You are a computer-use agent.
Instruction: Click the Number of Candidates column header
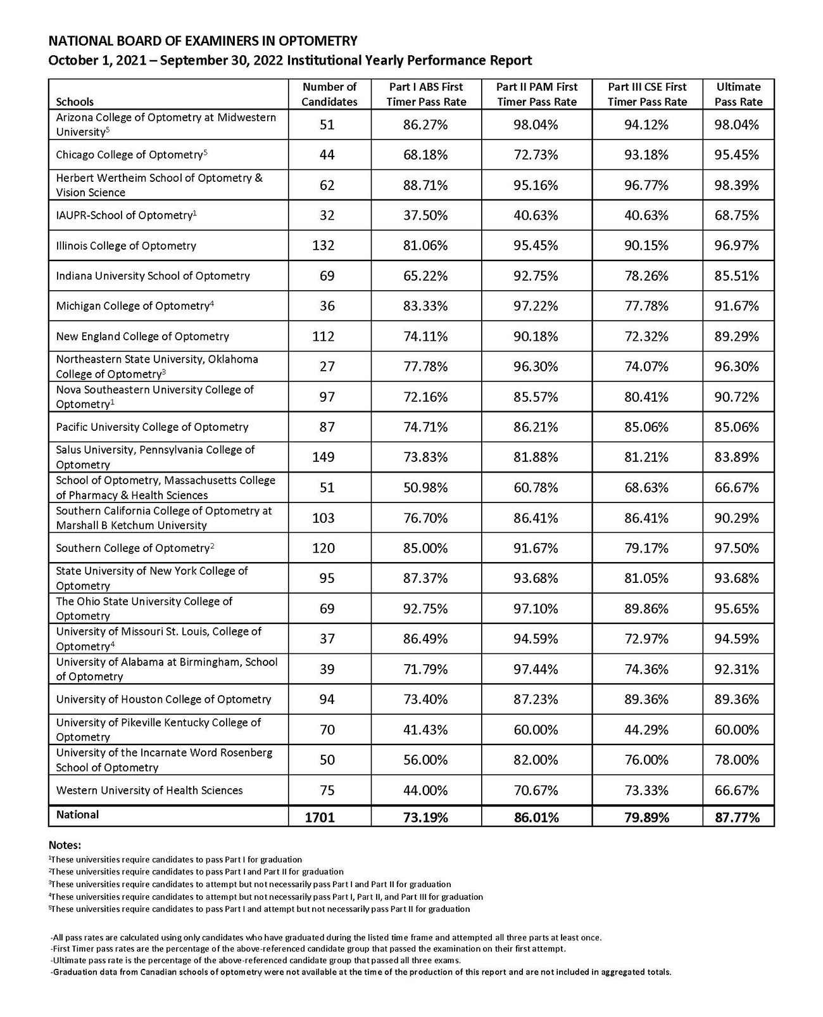[329, 94]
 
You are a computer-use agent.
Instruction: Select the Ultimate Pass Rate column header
[738, 94]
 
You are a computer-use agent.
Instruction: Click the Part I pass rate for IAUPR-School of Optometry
[425, 215]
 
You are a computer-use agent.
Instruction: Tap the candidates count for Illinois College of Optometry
[324, 246]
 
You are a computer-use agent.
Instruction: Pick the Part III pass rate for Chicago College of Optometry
[646, 155]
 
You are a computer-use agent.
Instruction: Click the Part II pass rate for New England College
[536, 336]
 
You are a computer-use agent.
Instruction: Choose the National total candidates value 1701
[320, 817]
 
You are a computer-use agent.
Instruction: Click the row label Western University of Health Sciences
[149, 790]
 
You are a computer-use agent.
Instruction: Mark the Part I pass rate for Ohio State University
[425, 609]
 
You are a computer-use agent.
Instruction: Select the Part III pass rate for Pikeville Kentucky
[646, 730]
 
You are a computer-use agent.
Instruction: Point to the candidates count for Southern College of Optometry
[324, 548]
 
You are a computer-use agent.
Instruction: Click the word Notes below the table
[65, 845]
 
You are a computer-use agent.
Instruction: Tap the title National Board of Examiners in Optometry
[203, 42]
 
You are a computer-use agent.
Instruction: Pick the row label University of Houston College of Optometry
[163, 700]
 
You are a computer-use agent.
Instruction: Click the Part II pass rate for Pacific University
[536, 427]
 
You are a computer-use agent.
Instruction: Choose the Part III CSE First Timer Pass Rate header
[647, 94]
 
